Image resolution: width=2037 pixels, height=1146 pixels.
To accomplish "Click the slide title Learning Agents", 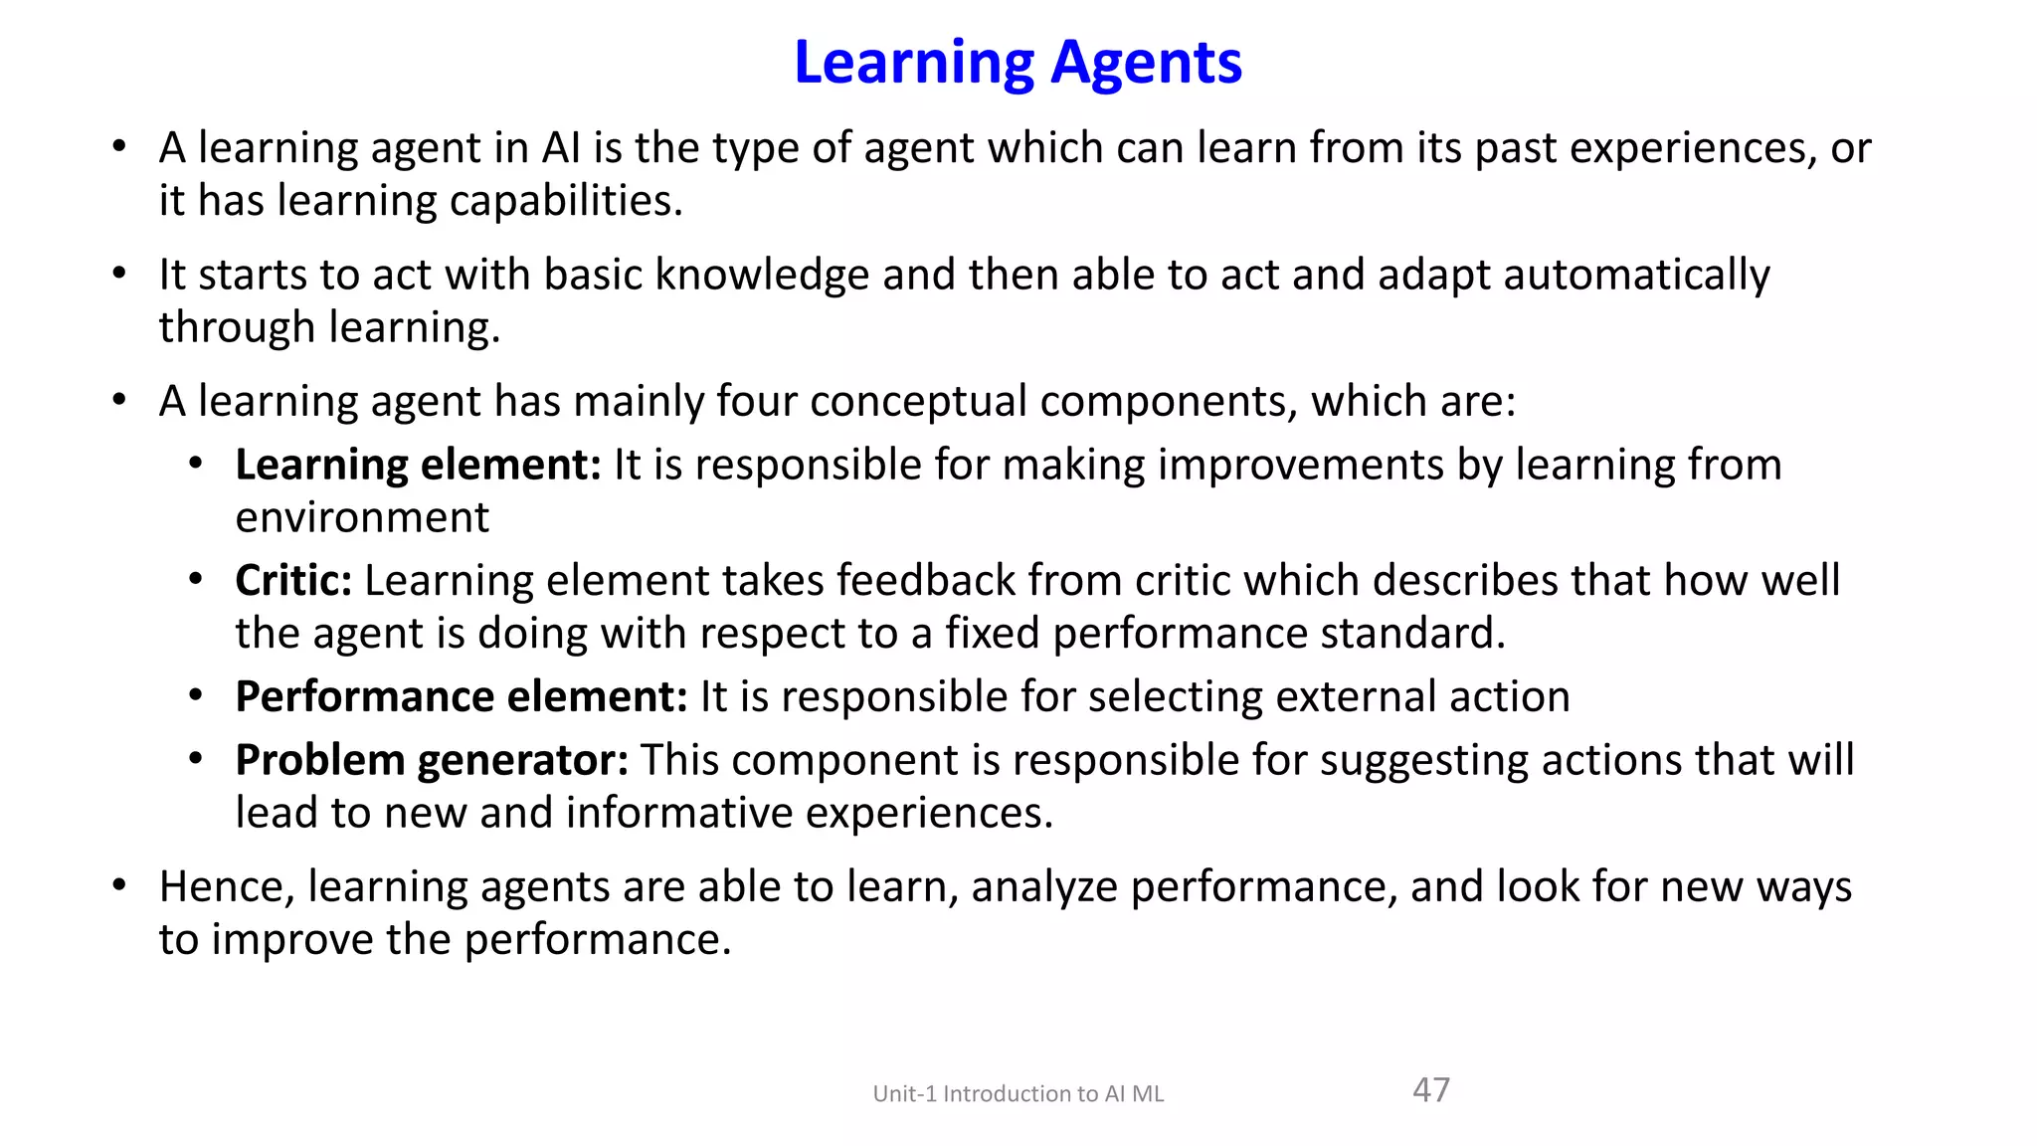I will [1018, 63].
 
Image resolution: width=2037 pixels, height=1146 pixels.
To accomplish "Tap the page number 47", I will [1431, 1090].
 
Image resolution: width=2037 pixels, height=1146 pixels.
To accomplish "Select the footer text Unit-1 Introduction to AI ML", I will [1018, 1094].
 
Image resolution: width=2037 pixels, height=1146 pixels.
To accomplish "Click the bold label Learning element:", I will [418, 466].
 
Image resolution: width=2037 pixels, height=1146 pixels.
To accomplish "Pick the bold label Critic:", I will [293, 581].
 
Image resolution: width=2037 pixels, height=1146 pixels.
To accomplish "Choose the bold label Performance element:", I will [462, 697].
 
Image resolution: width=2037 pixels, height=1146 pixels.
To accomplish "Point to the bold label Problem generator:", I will [432, 761].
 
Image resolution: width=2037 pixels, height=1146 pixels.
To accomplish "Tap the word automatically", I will [1636, 276].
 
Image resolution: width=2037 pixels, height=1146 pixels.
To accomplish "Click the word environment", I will [362, 518].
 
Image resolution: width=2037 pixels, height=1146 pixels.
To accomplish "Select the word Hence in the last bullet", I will [226, 887].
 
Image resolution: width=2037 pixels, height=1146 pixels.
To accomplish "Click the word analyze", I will [1043, 887].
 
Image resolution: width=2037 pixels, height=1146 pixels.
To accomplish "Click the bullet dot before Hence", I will [119, 884].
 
